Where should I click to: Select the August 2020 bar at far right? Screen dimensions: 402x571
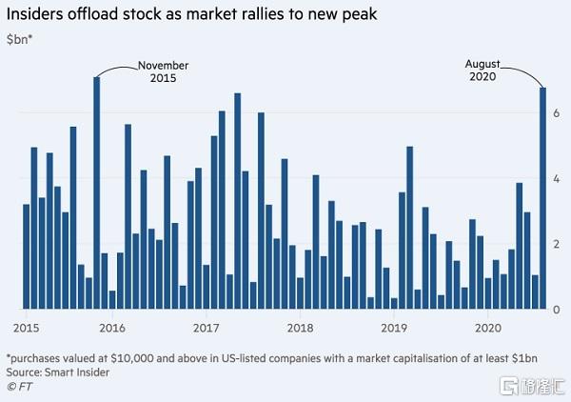(542, 199)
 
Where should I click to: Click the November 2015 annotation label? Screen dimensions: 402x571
(163, 71)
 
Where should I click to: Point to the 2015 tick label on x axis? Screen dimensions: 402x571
(27, 327)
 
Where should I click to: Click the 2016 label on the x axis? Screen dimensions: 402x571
(112, 327)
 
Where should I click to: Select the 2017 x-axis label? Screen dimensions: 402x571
(207, 327)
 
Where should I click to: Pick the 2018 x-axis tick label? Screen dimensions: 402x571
(301, 327)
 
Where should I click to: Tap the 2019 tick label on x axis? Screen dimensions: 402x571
(394, 327)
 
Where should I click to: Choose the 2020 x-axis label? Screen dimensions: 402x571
(487, 327)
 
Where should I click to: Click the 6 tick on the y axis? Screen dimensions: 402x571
(558, 112)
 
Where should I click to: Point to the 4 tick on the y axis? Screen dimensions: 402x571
(558, 178)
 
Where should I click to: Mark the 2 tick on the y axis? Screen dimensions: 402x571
(558, 244)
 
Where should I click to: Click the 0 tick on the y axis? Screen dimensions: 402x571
(558, 310)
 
